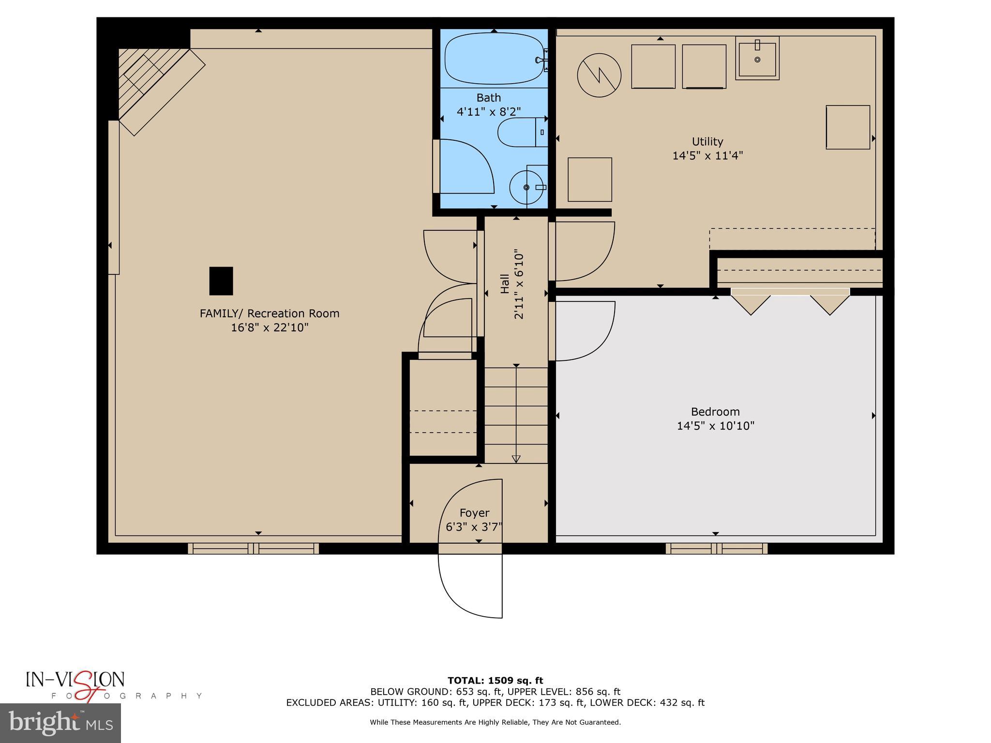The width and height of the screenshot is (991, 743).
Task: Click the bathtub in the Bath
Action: point(494,59)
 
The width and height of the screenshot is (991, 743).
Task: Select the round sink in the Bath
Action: point(526,187)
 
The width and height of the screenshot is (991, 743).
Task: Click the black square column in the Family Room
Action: point(221,281)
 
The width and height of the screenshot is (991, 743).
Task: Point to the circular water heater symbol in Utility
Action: point(599,75)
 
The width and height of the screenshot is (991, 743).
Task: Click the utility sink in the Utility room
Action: point(757,59)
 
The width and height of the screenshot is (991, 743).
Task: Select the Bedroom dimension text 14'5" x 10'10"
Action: point(715,426)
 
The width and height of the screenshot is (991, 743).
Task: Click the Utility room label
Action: point(707,142)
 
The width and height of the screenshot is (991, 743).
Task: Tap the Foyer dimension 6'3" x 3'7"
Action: point(474,527)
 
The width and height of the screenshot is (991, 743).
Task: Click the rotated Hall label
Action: point(505,284)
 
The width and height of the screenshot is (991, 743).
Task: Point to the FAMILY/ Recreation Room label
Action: point(270,313)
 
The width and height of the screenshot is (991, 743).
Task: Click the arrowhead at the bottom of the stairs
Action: point(516,459)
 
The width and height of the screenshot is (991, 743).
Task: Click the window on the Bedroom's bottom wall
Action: point(716,548)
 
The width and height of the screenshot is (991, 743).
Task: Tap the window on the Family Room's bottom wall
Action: point(253,548)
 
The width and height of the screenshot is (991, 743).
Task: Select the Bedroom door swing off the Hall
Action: point(583,331)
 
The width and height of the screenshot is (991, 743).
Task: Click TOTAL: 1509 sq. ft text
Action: point(495,681)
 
